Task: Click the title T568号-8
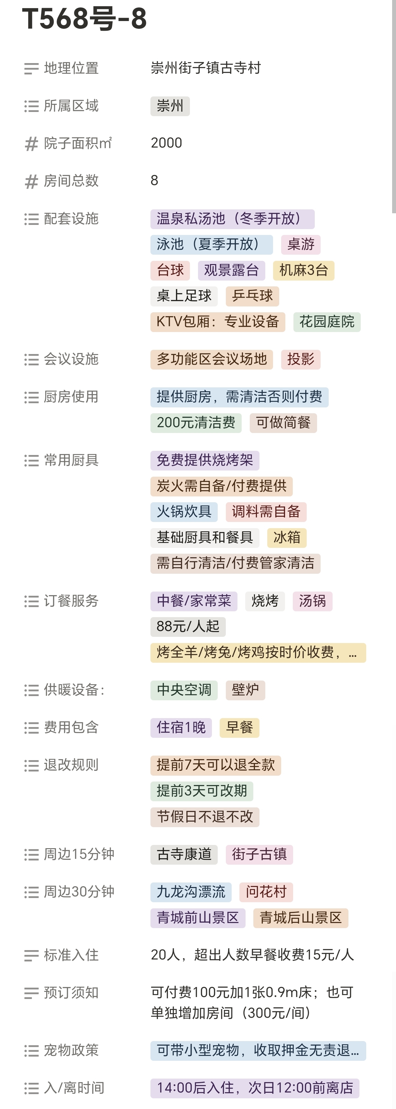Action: [x=85, y=19]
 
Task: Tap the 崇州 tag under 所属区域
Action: [x=170, y=106]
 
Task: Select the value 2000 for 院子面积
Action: [x=167, y=143]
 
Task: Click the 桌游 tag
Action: [x=301, y=245]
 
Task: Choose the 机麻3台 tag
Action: [x=303, y=270]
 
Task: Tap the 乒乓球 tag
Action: [x=252, y=296]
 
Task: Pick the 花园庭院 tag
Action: [x=327, y=322]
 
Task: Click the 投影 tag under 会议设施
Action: [x=301, y=359]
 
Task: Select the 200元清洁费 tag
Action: [x=196, y=422]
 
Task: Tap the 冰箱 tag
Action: [x=287, y=537]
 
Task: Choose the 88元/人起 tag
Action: [x=188, y=627]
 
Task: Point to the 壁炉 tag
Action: [x=245, y=690]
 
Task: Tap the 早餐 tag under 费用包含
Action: [x=239, y=727]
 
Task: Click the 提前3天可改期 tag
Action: [x=202, y=791]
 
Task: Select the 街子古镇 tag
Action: [x=259, y=854]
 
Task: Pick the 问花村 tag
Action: [x=266, y=892]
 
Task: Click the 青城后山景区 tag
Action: [x=301, y=917]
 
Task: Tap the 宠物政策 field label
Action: [x=71, y=1050]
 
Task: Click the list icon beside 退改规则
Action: [x=31, y=765]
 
